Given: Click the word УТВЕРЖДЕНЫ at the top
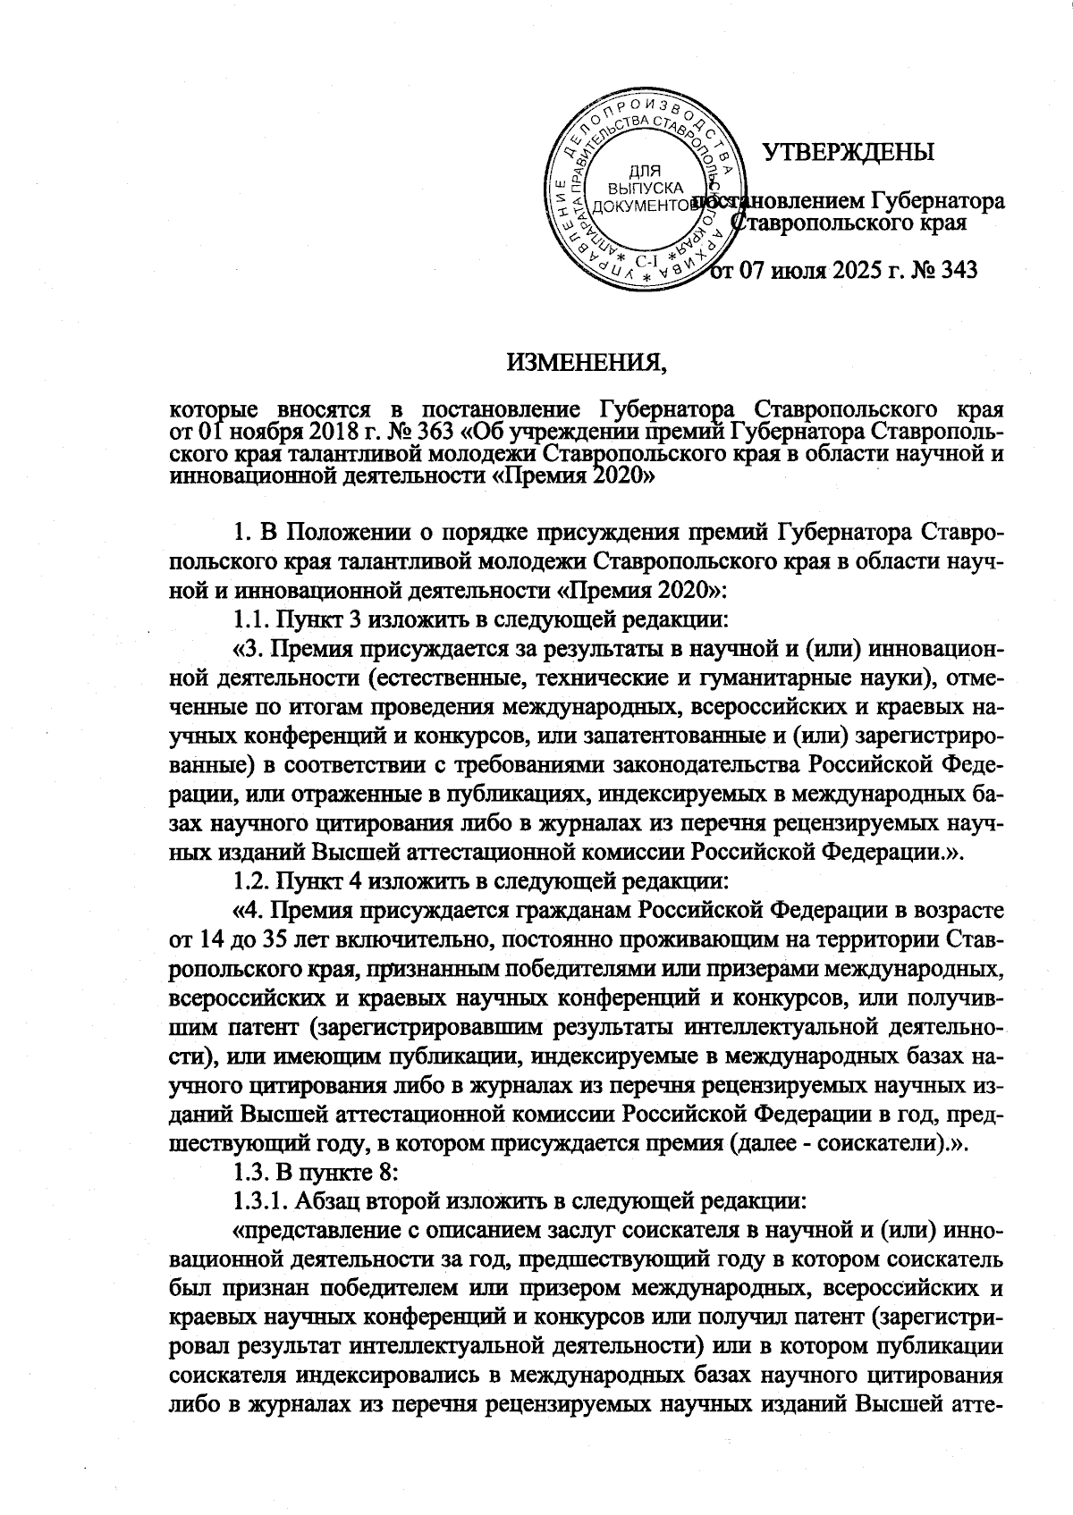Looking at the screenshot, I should [848, 152].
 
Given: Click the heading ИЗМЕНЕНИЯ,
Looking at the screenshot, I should [587, 363].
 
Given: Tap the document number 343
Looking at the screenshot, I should [955, 269].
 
